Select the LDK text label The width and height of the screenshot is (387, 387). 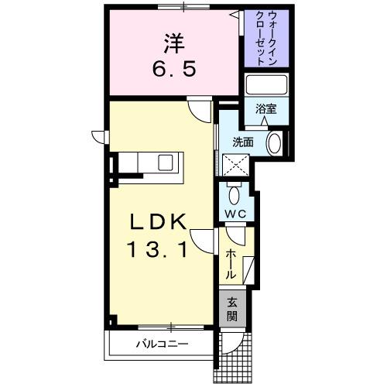tap(158, 223)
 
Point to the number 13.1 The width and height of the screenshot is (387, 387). tap(158, 249)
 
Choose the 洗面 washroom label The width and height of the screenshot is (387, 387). tap(243, 142)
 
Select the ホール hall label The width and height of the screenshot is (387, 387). tap(231, 264)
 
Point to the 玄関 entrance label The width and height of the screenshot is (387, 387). tap(232, 310)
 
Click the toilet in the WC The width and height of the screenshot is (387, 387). tap(235, 190)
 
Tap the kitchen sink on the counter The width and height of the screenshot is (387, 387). tap(166, 163)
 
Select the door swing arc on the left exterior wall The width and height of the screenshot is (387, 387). tap(99, 136)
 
